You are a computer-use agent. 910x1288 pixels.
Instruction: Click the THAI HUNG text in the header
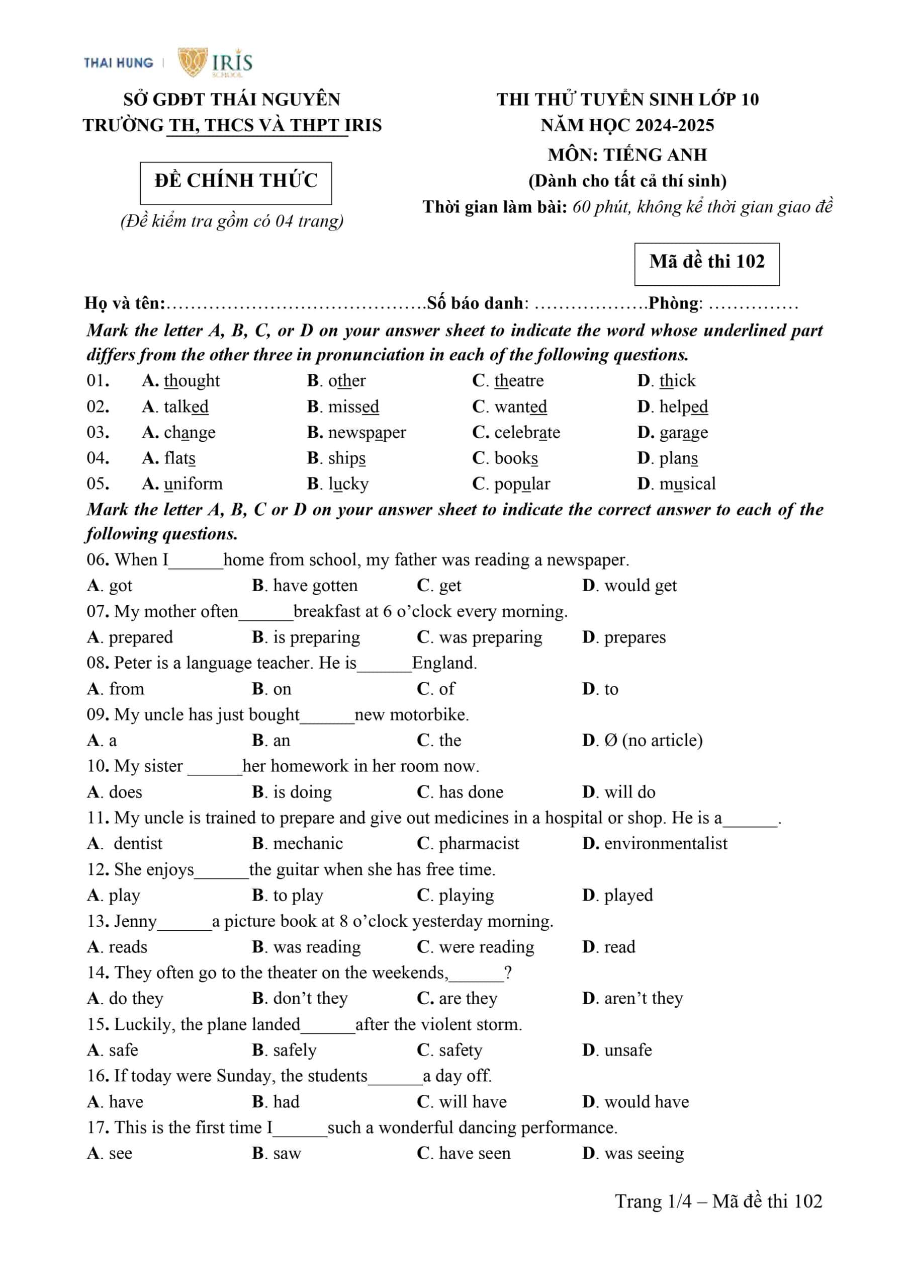click(118, 63)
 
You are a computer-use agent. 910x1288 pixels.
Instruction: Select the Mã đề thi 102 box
click(706, 264)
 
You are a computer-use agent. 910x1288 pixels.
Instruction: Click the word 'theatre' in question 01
click(519, 381)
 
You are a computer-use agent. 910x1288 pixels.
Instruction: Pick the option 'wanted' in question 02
click(520, 407)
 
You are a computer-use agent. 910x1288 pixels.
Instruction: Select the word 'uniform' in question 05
click(193, 484)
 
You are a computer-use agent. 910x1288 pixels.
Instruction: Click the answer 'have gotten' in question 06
click(315, 586)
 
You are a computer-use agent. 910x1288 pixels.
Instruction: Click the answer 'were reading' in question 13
click(487, 947)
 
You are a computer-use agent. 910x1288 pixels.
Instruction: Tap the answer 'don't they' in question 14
click(311, 999)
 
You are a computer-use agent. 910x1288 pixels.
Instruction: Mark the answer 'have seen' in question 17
click(475, 1153)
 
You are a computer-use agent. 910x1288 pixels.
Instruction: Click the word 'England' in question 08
click(444, 663)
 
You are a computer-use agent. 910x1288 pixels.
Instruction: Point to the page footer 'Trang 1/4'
click(653, 1201)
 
